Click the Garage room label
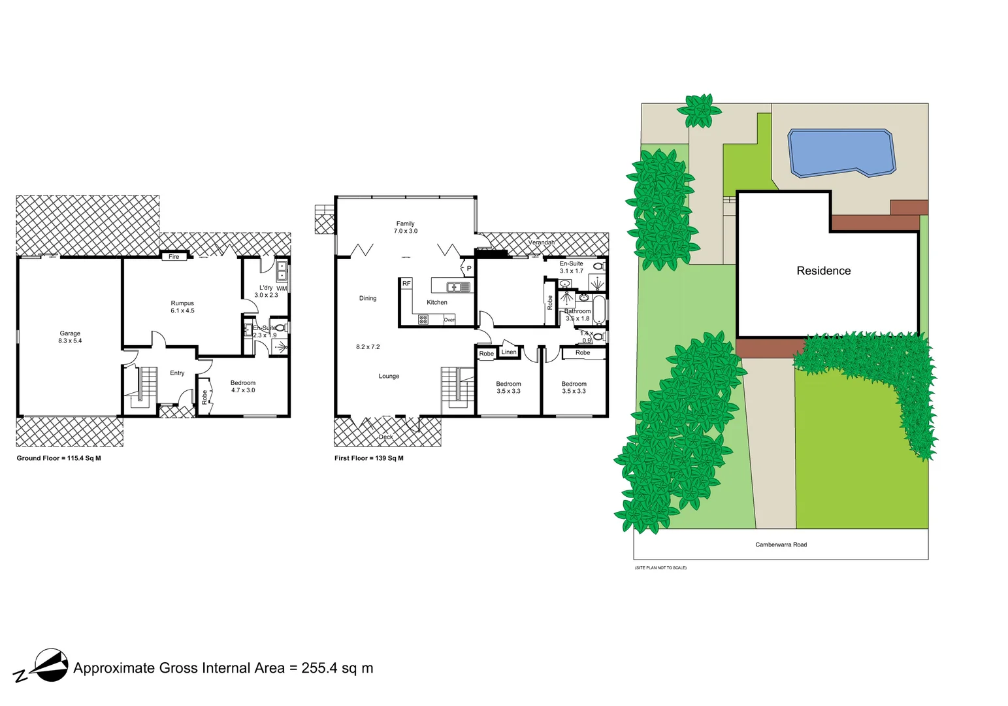70,333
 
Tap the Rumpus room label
182,303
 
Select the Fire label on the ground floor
174,257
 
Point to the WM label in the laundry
282,288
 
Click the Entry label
177,373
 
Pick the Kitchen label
437,303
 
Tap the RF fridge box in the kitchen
406,284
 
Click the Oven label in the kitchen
449,320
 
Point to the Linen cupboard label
509,352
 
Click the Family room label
405,224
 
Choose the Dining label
368,299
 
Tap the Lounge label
389,377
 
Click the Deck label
386,437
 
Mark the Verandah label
542,243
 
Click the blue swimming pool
840,152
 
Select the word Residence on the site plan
823,271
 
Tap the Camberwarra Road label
781,545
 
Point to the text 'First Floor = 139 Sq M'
369,458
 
